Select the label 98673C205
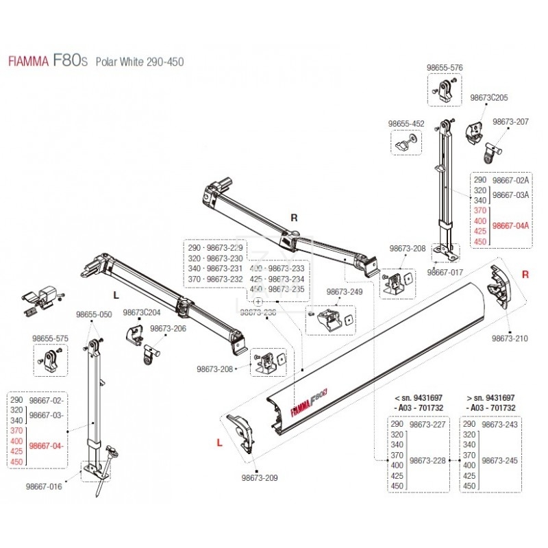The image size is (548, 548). pyautogui.click(x=488, y=99)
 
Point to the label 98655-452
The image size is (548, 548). pyautogui.click(x=406, y=124)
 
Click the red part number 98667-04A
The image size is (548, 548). pyautogui.click(x=511, y=225)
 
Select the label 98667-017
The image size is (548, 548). pyautogui.click(x=446, y=272)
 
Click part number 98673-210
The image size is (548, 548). pyautogui.click(x=510, y=338)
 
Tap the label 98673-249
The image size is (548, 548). pyautogui.click(x=345, y=292)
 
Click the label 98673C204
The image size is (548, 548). pyautogui.click(x=141, y=312)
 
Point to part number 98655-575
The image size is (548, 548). pyautogui.click(x=51, y=338)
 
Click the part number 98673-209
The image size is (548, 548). pyautogui.click(x=260, y=480)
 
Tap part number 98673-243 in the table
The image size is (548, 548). pyautogui.click(x=500, y=425)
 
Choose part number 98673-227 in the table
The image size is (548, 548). pyautogui.click(x=427, y=425)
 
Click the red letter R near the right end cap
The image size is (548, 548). pyautogui.click(x=525, y=275)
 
